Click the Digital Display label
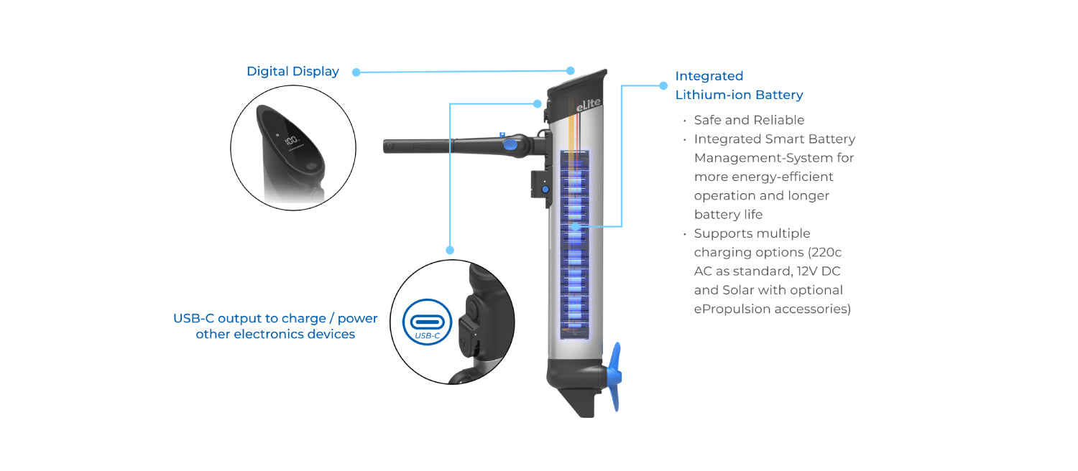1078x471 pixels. click(x=292, y=72)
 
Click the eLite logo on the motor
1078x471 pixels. click(x=588, y=104)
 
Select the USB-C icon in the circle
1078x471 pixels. click(x=428, y=322)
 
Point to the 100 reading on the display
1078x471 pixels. click(x=290, y=141)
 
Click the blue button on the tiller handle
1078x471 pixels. click(x=510, y=144)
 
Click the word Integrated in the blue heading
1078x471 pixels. click(x=709, y=76)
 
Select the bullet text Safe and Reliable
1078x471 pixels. click(x=749, y=120)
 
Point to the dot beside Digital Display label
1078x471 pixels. click(x=356, y=72)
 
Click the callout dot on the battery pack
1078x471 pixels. click(x=575, y=226)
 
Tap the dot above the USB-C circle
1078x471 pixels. click(x=450, y=250)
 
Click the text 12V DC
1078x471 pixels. click(x=818, y=271)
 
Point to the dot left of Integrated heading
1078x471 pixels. click(x=663, y=85)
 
